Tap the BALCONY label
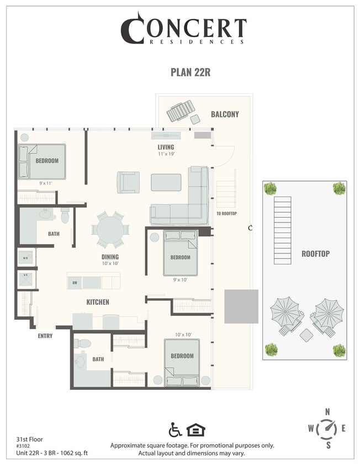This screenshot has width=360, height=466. [x=225, y=114]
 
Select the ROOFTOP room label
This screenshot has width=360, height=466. [x=315, y=253]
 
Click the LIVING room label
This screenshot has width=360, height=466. [x=166, y=147]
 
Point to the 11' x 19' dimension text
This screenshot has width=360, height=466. [x=166, y=155]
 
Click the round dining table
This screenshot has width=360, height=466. [x=110, y=229]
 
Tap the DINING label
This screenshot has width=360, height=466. [x=110, y=257]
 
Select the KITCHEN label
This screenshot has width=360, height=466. [x=97, y=302]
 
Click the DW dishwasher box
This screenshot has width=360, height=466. [x=74, y=283]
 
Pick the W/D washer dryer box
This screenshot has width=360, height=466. [x=25, y=257]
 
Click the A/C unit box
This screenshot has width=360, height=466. [x=25, y=278]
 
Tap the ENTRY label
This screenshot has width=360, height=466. [x=45, y=336]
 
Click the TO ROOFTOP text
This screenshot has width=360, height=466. [x=226, y=214]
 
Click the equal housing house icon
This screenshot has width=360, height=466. [x=193, y=430]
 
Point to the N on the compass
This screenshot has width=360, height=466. [x=327, y=411]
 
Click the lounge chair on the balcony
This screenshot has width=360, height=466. [x=181, y=111]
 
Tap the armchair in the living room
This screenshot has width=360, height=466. [x=128, y=182]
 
